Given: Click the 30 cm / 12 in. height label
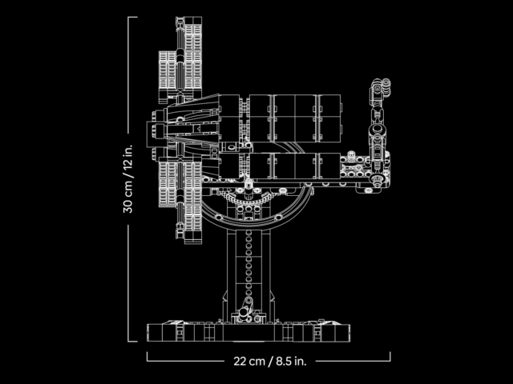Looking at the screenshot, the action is click(x=128, y=179).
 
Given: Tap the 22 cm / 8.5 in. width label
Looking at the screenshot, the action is click(x=270, y=361).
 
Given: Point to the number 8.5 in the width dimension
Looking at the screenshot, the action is click(x=283, y=361).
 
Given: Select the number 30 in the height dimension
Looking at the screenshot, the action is click(x=128, y=206).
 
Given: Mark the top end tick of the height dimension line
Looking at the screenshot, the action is click(x=132, y=17).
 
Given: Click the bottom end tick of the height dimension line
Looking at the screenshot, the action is click(x=132, y=342).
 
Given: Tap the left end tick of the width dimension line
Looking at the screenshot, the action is click(x=147, y=357).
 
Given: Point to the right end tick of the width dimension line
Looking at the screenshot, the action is click(x=390, y=357).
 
